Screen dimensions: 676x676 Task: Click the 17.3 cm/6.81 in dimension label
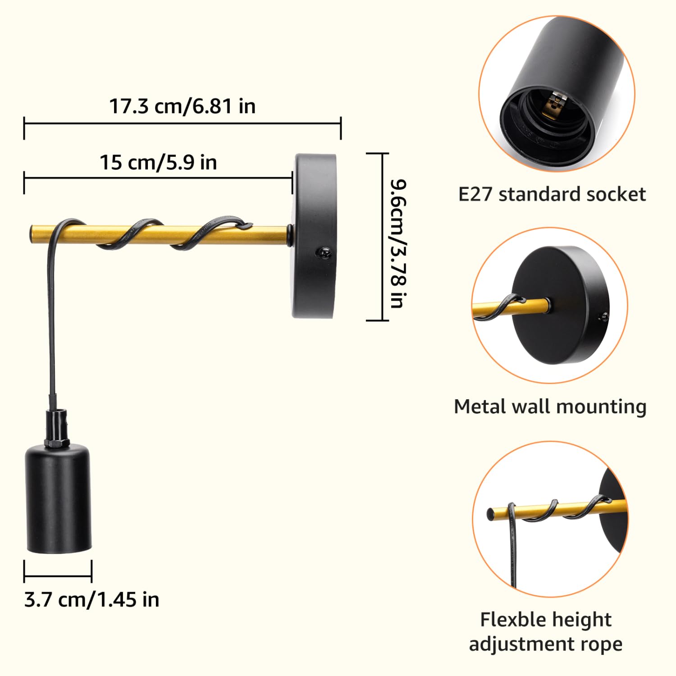coord(183,106)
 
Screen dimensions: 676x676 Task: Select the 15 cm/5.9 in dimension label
coord(158,162)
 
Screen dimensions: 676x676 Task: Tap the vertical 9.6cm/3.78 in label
coord(399,243)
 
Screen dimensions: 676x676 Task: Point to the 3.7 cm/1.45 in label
coord(91,600)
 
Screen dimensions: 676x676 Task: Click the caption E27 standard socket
coord(552,194)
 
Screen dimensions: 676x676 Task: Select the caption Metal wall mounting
coord(550,407)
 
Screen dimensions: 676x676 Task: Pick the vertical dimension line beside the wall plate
coord(382,237)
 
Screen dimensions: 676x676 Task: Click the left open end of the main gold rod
coord(31,233)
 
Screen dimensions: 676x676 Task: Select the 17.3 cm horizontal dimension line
coord(182,122)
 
